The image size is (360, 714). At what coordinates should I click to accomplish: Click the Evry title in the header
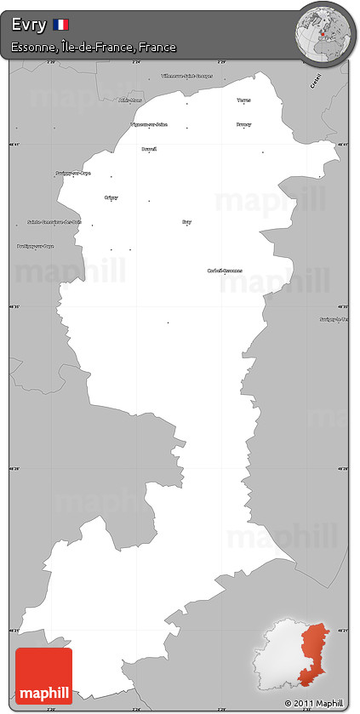29,26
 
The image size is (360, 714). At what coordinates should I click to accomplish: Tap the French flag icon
61,25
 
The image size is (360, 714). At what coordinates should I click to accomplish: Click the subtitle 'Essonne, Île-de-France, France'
94,48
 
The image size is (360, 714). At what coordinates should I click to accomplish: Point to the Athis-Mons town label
131,100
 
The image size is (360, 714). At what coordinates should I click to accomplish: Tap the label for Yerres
244,100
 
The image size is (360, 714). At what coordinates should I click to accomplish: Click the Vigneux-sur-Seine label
148,124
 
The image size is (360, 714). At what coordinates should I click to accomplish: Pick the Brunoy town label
243,124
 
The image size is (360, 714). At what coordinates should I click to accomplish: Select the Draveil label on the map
149,149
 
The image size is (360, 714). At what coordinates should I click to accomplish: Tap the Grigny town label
111,197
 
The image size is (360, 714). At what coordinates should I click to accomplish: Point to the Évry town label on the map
186,222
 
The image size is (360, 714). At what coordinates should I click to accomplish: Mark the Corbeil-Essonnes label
225,271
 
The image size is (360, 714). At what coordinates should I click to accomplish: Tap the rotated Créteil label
316,82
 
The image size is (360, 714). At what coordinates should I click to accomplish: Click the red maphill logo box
43,677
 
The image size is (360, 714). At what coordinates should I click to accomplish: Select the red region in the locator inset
314,651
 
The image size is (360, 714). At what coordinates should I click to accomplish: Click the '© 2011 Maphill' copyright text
314,704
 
